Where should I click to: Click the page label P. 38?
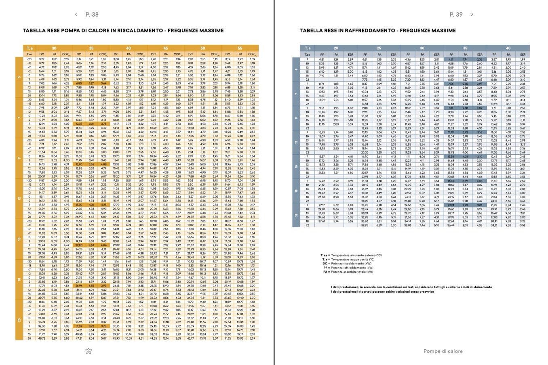[x=92, y=14]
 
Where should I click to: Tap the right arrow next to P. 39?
[x=472, y=15]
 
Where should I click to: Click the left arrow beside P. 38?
[x=76, y=14]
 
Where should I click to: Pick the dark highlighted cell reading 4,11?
[x=451, y=59]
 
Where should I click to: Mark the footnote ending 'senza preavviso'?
[x=382, y=291]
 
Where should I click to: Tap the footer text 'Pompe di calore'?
[x=443, y=351]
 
